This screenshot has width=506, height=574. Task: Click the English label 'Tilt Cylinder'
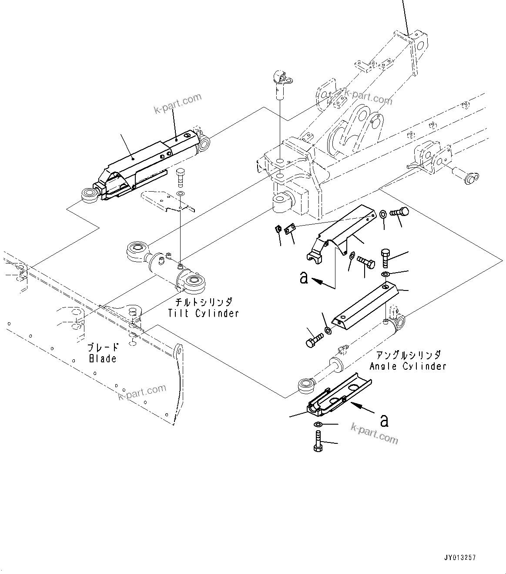click(204, 313)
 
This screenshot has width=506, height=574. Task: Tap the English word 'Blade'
click(103, 358)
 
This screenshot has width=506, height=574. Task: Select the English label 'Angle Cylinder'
click(408, 366)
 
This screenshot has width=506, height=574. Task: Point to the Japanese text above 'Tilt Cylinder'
click(204, 302)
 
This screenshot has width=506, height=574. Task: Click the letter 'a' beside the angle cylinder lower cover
click(384, 420)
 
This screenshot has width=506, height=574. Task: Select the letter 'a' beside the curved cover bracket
click(304, 277)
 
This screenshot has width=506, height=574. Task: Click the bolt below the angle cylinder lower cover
click(317, 441)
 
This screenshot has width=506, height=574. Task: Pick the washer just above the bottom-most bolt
click(318, 425)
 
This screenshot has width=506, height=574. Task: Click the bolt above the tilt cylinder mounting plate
click(181, 176)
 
